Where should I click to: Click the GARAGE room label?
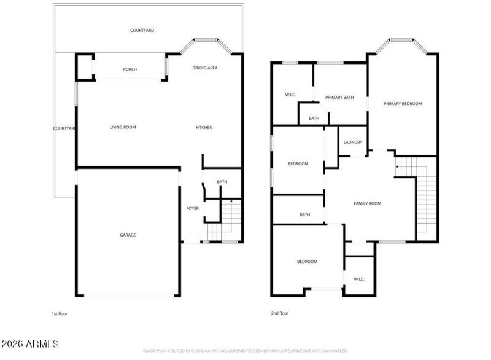(128, 235)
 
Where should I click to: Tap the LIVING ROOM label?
(123, 127)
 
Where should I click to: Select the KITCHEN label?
(204, 127)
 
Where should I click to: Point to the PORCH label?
(130, 69)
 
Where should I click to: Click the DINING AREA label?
(205, 68)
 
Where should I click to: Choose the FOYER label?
(192, 209)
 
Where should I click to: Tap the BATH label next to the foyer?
(222, 182)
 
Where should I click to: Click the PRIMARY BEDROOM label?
(403, 104)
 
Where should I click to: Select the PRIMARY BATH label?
(339, 97)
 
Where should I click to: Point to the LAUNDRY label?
(353, 143)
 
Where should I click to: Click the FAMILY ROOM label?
(368, 203)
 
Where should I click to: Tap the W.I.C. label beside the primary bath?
(291, 95)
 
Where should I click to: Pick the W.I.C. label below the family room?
(359, 280)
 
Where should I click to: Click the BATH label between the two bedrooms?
(304, 214)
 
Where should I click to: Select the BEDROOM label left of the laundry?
(298, 163)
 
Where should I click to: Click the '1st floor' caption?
(59, 314)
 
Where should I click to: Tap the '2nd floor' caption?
(279, 314)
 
